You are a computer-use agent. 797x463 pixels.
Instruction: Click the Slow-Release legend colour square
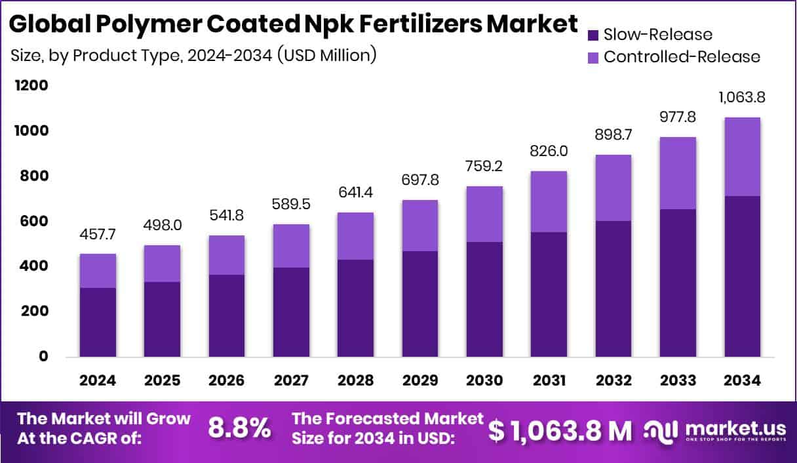point(593,35)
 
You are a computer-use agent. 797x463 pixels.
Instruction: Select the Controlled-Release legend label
point(682,56)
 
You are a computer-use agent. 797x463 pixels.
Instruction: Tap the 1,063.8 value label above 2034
point(743,98)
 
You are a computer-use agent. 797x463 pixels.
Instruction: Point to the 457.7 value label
point(98,234)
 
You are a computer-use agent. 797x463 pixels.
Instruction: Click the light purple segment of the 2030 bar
point(485,214)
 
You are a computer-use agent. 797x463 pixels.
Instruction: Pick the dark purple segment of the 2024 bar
point(98,322)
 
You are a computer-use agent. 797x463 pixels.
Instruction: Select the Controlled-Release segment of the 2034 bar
point(743,156)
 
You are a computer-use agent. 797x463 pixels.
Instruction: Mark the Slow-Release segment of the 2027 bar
point(292,312)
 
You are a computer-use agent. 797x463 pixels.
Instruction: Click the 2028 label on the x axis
point(356,381)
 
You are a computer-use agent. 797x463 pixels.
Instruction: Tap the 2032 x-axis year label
point(614,381)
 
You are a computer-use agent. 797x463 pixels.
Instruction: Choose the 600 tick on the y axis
point(33,221)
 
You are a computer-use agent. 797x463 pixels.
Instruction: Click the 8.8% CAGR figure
point(239,428)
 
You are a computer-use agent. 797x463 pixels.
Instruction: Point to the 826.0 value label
point(549,151)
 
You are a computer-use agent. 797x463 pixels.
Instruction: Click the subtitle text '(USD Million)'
point(326,55)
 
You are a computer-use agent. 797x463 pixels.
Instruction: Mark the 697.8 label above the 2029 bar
point(420,180)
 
